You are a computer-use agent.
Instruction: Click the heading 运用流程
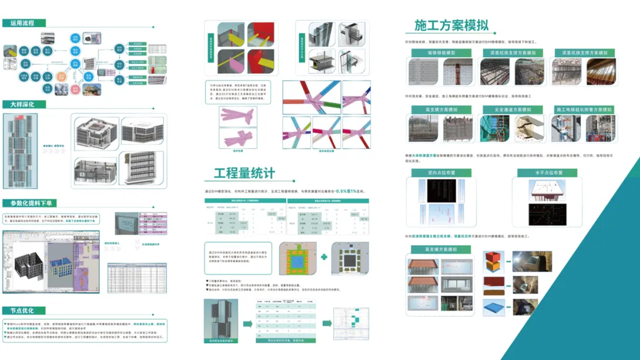click(x=23, y=24)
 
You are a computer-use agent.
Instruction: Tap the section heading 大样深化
click(x=23, y=105)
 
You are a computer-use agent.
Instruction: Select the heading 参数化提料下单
click(x=31, y=204)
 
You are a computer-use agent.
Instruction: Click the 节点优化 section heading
click(x=23, y=310)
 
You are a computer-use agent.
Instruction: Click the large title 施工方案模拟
click(x=451, y=25)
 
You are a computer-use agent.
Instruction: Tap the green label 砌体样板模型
click(x=441, y=53)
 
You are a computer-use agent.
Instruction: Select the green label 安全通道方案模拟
click(x=513, y=110)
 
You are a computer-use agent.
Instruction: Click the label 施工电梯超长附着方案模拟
click(x=584, y=110)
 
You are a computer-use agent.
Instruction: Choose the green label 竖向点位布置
click(x=441, y=173)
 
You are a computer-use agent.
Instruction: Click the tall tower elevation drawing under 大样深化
click(x=20, y=151)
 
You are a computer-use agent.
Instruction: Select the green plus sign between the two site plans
click(x=324, y=257)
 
